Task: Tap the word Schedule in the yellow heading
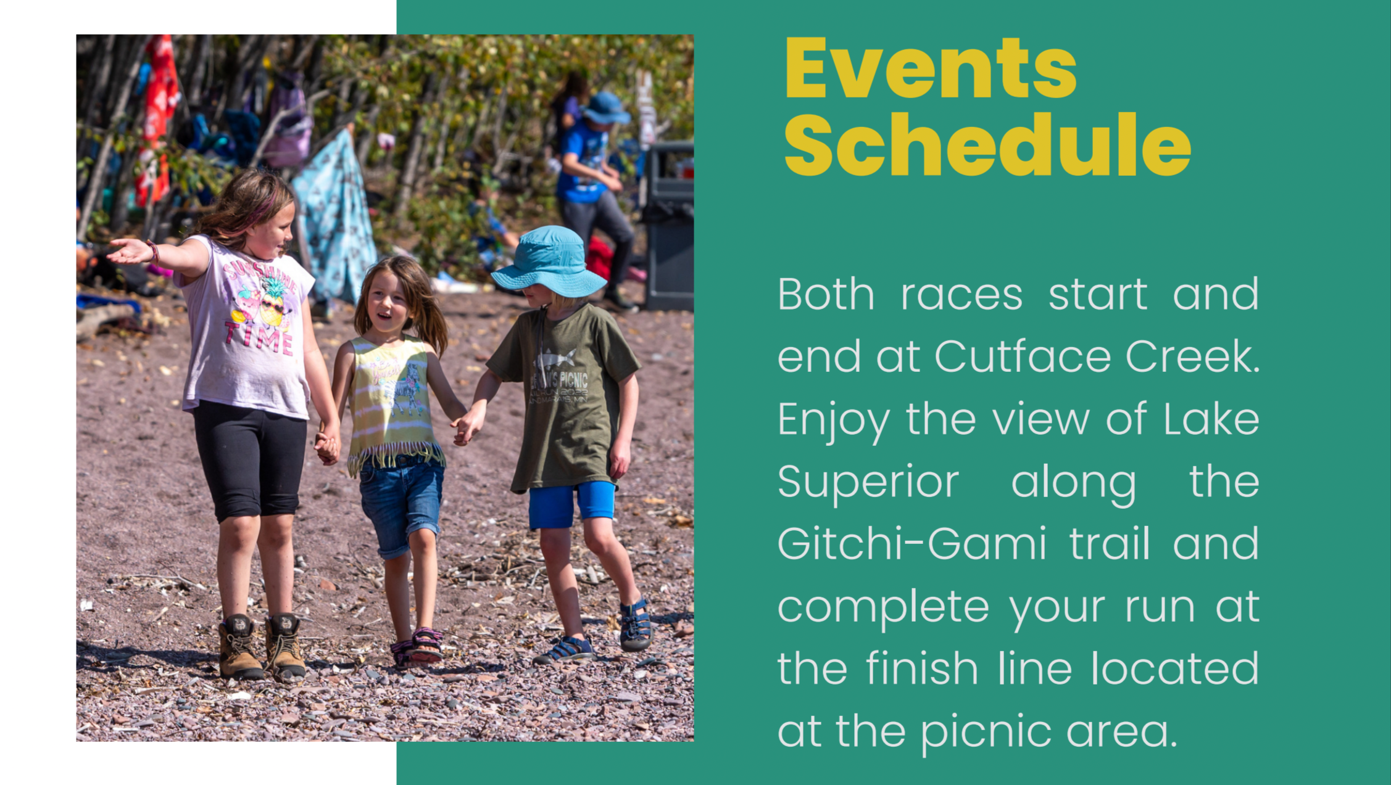[987, 145]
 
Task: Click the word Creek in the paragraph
[1192, 356]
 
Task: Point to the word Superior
[868, 482]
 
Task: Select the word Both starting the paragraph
[826, 294]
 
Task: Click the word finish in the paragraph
[922, 668]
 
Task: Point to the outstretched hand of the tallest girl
[129, 250]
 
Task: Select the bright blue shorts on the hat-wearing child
[571, 504]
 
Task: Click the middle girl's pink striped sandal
[426, 644]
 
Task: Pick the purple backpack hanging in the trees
[288, 123]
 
